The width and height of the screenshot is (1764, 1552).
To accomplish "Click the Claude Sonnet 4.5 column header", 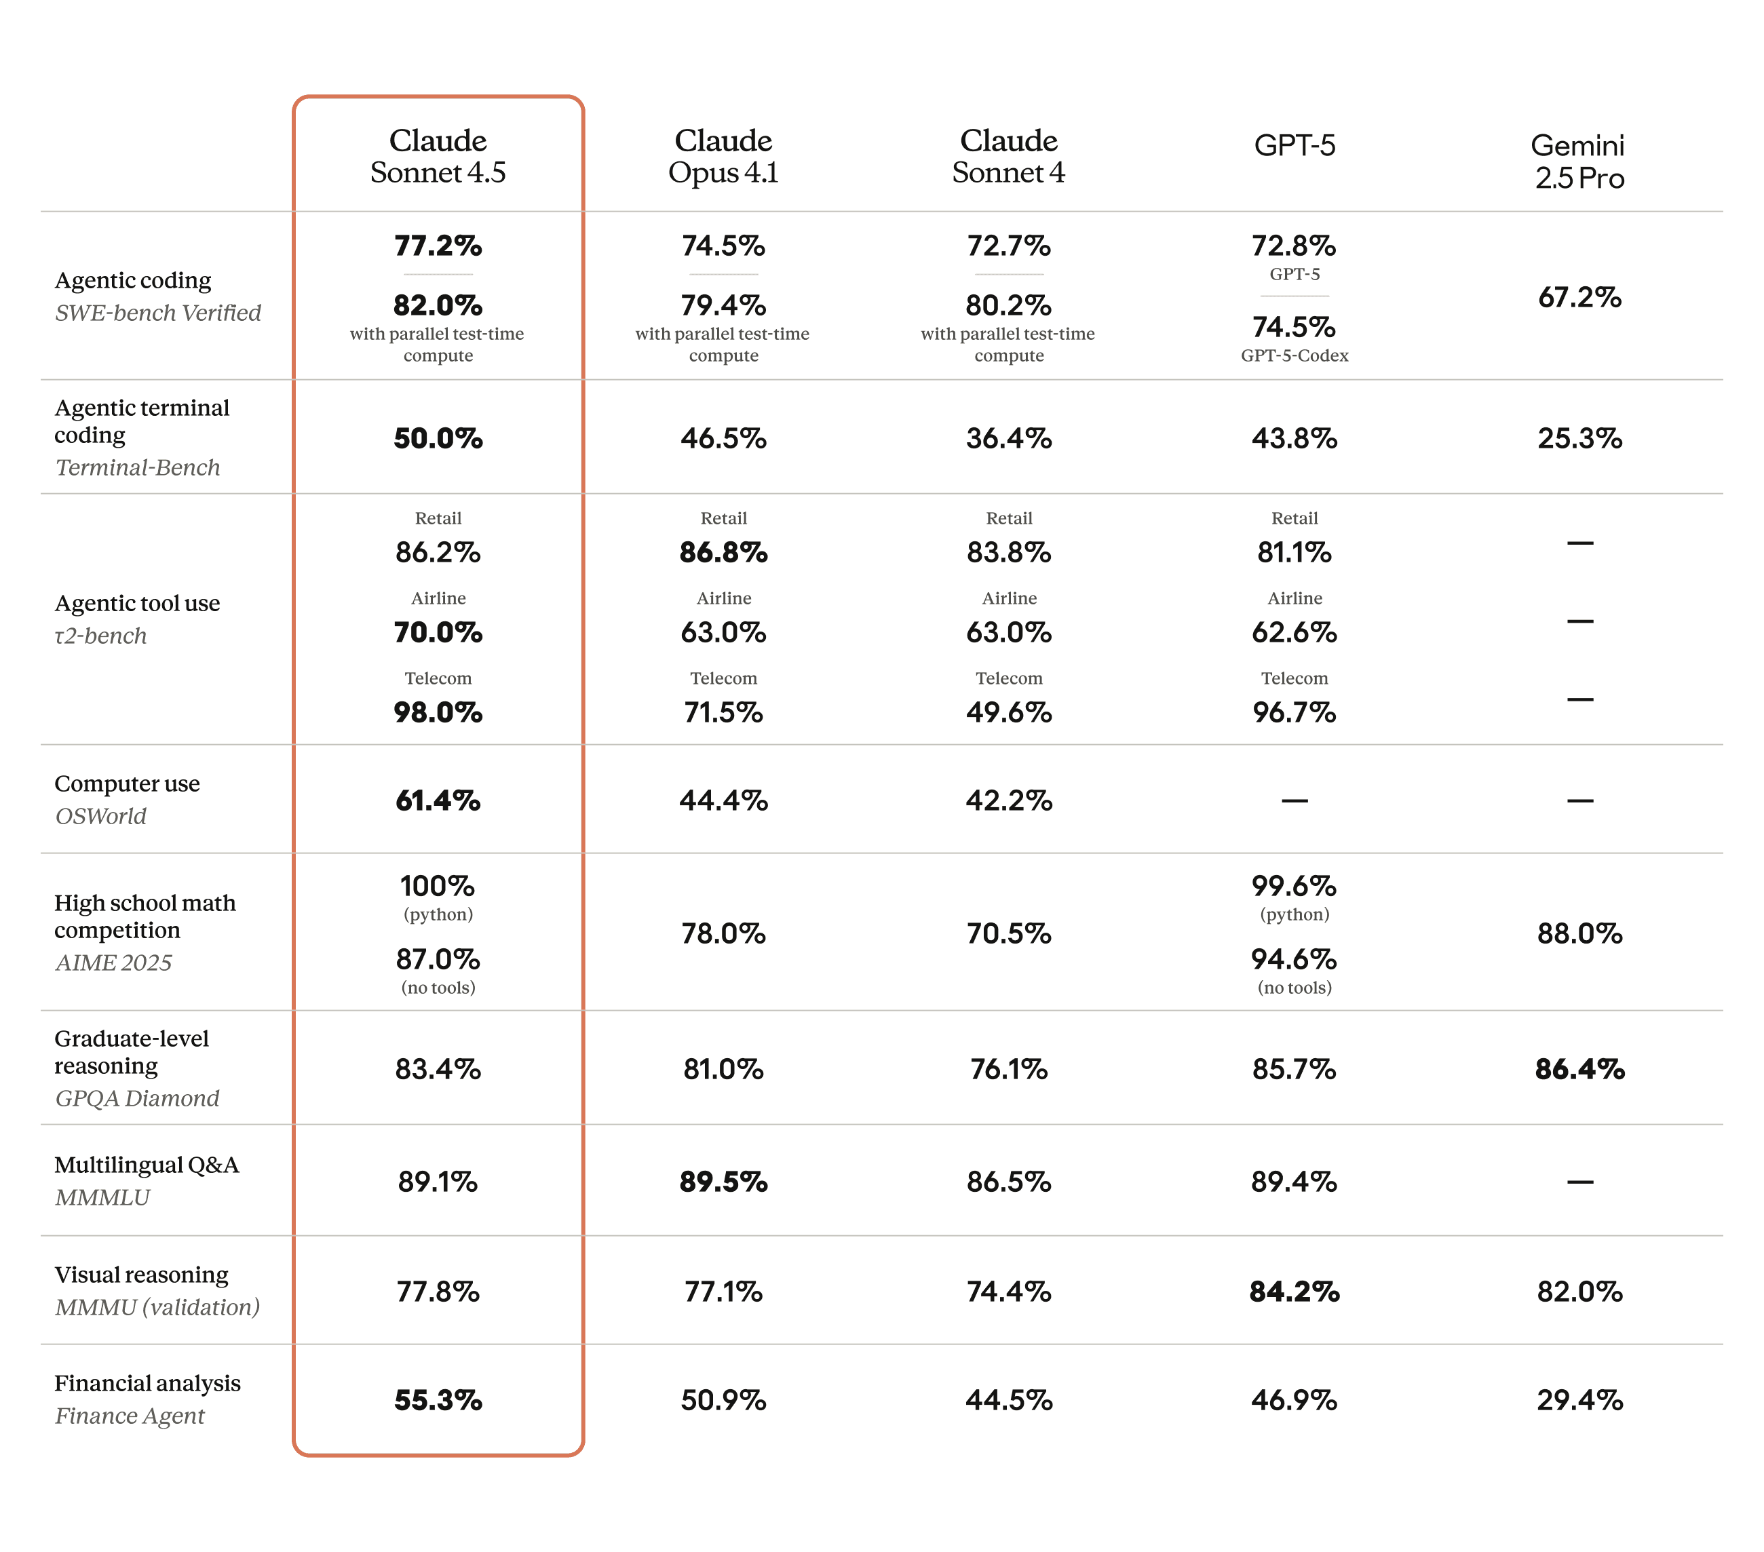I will click(x=438, y=156).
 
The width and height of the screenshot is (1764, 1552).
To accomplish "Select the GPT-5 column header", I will click(x=1294, y=145).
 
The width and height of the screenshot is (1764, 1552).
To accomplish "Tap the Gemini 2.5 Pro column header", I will click(x=1579, y=161).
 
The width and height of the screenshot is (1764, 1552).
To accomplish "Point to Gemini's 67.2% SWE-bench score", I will click(x=1579, y=298).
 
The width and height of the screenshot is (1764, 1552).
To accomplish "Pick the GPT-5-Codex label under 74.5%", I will click(x=1294, y=355).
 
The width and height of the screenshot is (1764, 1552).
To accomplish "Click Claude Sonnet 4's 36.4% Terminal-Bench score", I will click(x=1008, y=438).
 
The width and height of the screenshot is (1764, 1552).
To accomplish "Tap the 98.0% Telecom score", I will click(x=438, y=713).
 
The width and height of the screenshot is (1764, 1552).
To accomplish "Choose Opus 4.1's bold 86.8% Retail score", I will click(x=723, y=552).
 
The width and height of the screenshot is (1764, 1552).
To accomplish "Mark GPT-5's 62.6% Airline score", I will click(x=1294, y=632).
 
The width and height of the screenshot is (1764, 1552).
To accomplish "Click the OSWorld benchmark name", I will click(x=101, y=816).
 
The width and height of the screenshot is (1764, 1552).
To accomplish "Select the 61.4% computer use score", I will click(x=438, y=800).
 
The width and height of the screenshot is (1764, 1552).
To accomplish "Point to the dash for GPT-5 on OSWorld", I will click(x=1294, y=800).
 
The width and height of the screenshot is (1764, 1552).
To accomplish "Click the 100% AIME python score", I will click(x=438, y=886).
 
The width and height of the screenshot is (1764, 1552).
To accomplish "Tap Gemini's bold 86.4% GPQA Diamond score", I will click(x=1579, y=1069).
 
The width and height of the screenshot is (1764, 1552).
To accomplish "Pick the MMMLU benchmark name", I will click(x=102, y=1197).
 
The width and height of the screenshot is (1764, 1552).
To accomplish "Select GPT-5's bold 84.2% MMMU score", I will click(x=1294, y=1292).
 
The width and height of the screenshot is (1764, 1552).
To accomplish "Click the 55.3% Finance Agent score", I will click(x=438, y=1400).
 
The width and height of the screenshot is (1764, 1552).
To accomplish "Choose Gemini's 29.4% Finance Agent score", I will click(x=1579, y=1400).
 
